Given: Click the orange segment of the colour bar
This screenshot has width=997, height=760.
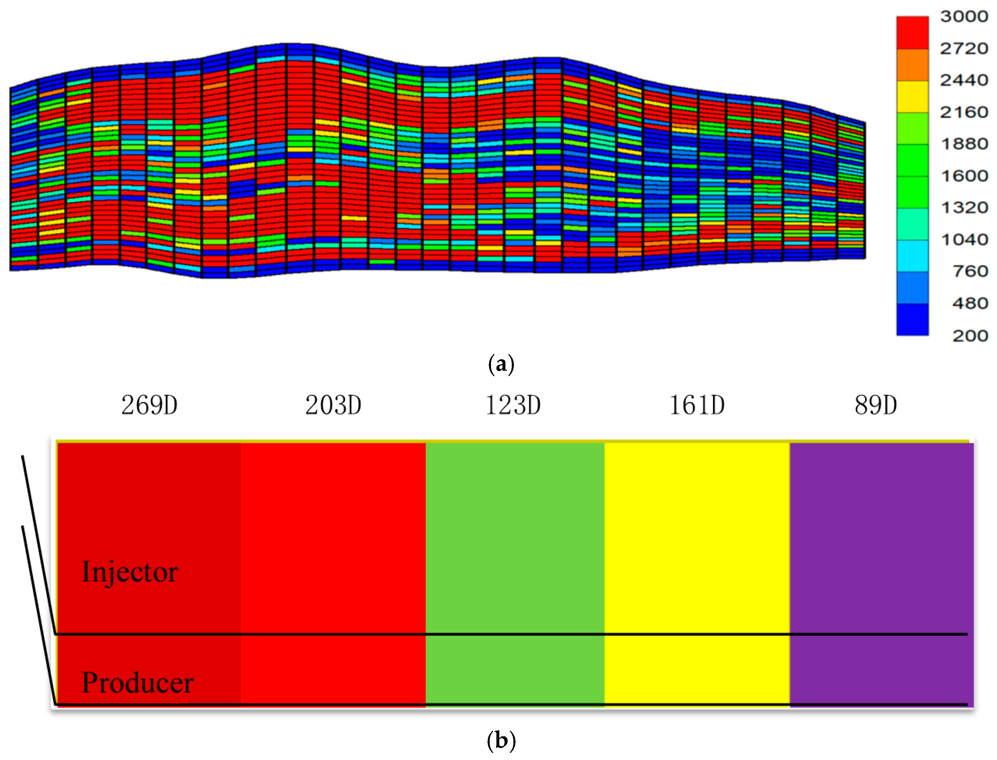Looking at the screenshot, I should point(912,65).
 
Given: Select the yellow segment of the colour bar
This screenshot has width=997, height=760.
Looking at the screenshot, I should point(912,96).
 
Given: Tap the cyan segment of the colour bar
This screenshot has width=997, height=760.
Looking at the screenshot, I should point(912,256).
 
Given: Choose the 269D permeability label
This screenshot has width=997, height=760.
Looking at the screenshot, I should point(149,405).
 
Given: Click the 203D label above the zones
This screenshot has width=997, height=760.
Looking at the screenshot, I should point(333,405).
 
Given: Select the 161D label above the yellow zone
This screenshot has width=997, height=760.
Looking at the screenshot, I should point(696,405).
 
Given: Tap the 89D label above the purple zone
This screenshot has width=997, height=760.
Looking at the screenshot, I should point(875,405).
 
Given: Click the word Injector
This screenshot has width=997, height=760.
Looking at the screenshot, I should point(130,572).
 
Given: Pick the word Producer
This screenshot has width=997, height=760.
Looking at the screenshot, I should point(137,683).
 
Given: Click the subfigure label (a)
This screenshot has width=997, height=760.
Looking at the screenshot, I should point(501,364).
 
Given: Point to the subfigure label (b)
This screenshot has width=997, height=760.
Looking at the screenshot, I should point(501,740).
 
